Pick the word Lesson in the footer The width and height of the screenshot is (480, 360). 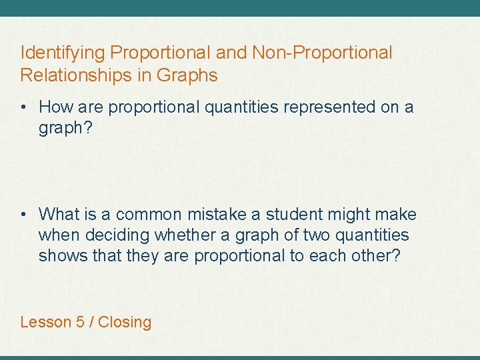click(46, 322)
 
